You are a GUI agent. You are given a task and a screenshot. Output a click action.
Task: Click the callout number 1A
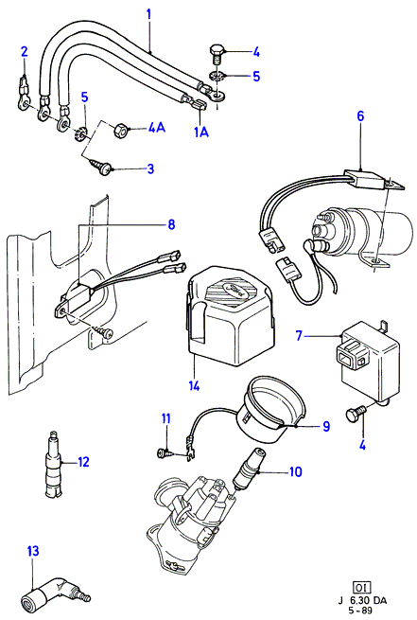[201, 133]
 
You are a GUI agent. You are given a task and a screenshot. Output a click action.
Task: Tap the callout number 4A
[156, 128]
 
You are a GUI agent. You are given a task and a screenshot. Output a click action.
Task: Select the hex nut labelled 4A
[120, 130]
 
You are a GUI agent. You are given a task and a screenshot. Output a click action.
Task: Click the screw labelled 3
[102, 168]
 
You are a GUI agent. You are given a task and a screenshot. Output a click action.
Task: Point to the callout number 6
[360, 116]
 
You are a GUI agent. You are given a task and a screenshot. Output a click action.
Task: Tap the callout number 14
[194, 384]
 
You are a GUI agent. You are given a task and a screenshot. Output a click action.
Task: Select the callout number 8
[171, 224]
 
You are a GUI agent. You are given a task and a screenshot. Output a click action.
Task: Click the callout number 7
[299, 336]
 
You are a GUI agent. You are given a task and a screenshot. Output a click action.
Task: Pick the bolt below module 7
[355, 415]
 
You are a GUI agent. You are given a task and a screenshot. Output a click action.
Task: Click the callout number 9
[326, 426]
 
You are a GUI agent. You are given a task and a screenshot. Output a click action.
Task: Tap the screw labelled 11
[165, 453]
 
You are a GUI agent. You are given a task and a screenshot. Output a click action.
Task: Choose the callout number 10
[295, 471]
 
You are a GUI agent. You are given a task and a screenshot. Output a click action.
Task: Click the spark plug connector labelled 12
[53, 464]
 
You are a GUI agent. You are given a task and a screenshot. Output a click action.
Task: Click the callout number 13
[33, 551]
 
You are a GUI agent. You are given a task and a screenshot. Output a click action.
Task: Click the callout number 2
[24, 51]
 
